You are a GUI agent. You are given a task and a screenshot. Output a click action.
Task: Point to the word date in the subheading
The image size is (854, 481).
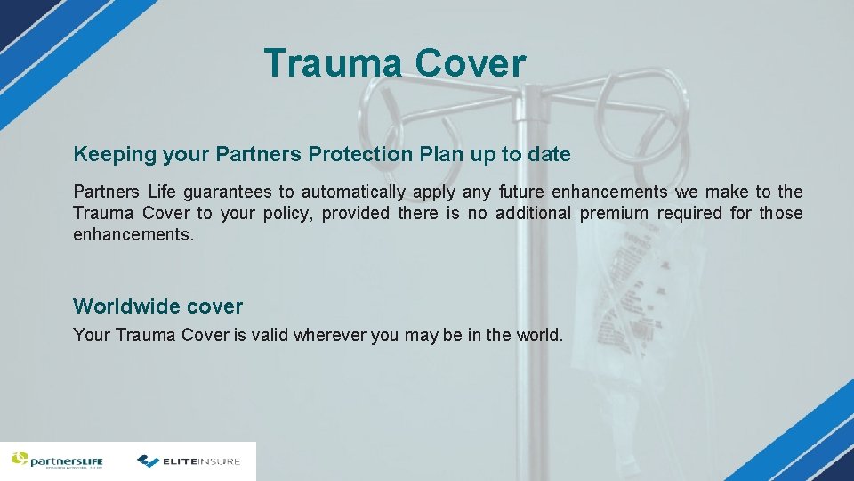pos(549,154)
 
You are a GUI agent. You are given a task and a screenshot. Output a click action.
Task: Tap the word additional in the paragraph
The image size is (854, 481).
pos(533,214)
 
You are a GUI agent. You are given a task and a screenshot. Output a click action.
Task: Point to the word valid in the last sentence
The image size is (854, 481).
pos(270,336)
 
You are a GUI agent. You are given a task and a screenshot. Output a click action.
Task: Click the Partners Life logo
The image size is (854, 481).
pos(57,461)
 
